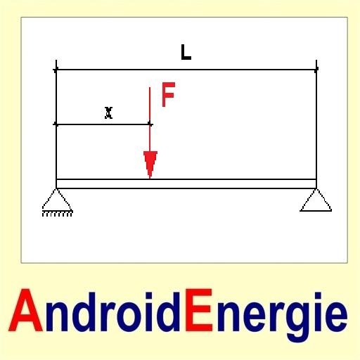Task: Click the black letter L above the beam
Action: click(x=186, y=53)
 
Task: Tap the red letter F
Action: click(x=168, y=94)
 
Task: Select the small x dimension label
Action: click(x=108, y=112)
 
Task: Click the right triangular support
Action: click(x=316, y=200)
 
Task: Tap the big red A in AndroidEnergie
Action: click(x=26, y=310)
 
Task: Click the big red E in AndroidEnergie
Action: click(x=199, y=310)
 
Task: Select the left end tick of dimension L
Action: click(x=56, y=70)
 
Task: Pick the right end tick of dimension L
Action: click(x=316, y=70)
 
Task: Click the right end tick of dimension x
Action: click(x=150, y=124)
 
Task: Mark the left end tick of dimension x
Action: click(x=56, y=124)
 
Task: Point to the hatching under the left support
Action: click(x=58, y=214)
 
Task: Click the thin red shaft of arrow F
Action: click(x=150, y=120)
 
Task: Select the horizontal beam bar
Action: click(x=186, y=184)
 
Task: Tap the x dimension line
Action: click(x=103, y=124)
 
